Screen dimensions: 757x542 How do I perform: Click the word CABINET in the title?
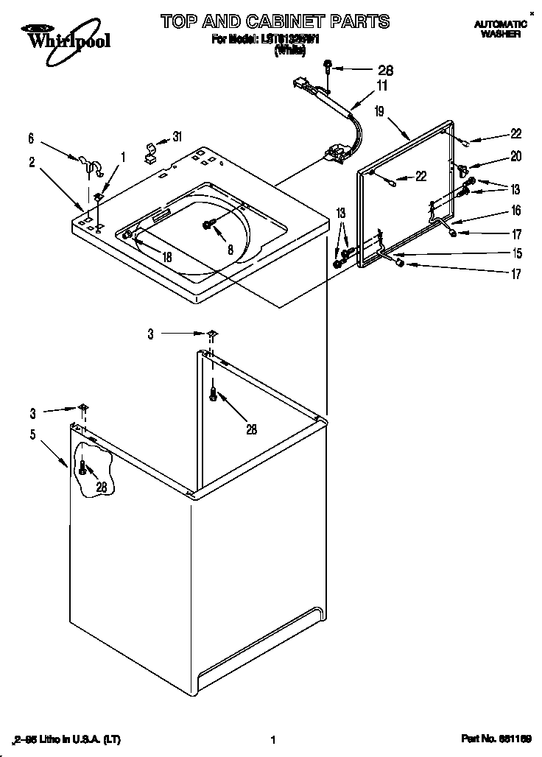(x=279, y=21)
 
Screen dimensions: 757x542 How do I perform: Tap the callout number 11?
(x=382, y=86)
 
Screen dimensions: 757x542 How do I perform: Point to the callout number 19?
(x=379, y=112)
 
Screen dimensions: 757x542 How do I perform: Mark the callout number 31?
(x=176, y=137)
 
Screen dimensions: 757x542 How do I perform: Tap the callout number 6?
(x=31, y=138)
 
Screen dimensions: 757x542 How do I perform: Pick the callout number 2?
(x=32, y=162)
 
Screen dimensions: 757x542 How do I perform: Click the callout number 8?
(x=230, y=250)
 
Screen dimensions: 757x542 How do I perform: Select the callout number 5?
(x=32, y=434)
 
